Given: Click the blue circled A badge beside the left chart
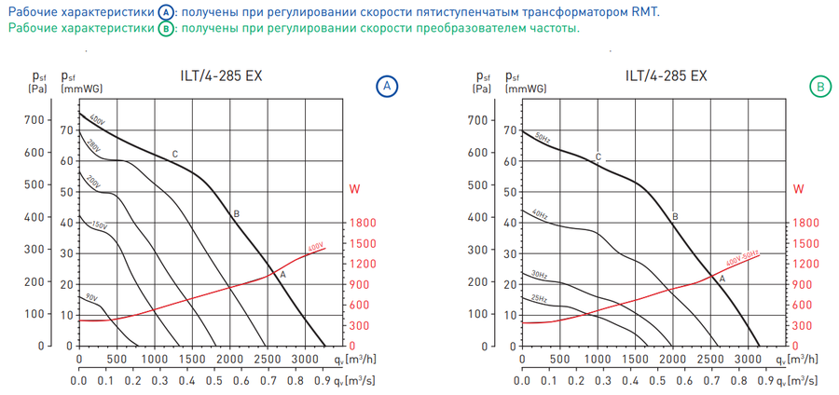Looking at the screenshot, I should coord(386,87).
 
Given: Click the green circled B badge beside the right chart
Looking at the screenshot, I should coord(819,87).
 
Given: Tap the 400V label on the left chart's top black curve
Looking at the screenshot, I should coord(98,121).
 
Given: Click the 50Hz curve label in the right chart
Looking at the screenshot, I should coord(542,137).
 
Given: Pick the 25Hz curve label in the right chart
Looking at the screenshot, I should coord(538,298).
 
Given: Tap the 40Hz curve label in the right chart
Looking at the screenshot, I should coord(540,215).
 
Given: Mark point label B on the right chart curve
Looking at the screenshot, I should coord(675,216).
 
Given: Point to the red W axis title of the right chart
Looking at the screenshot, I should coord(798,189).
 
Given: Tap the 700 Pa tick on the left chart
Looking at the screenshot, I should coord(34,120).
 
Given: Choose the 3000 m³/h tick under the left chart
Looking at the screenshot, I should coord(305,359).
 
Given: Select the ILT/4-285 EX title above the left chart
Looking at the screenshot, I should coord(221,76).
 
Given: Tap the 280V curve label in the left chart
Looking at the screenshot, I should coord(93,146).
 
